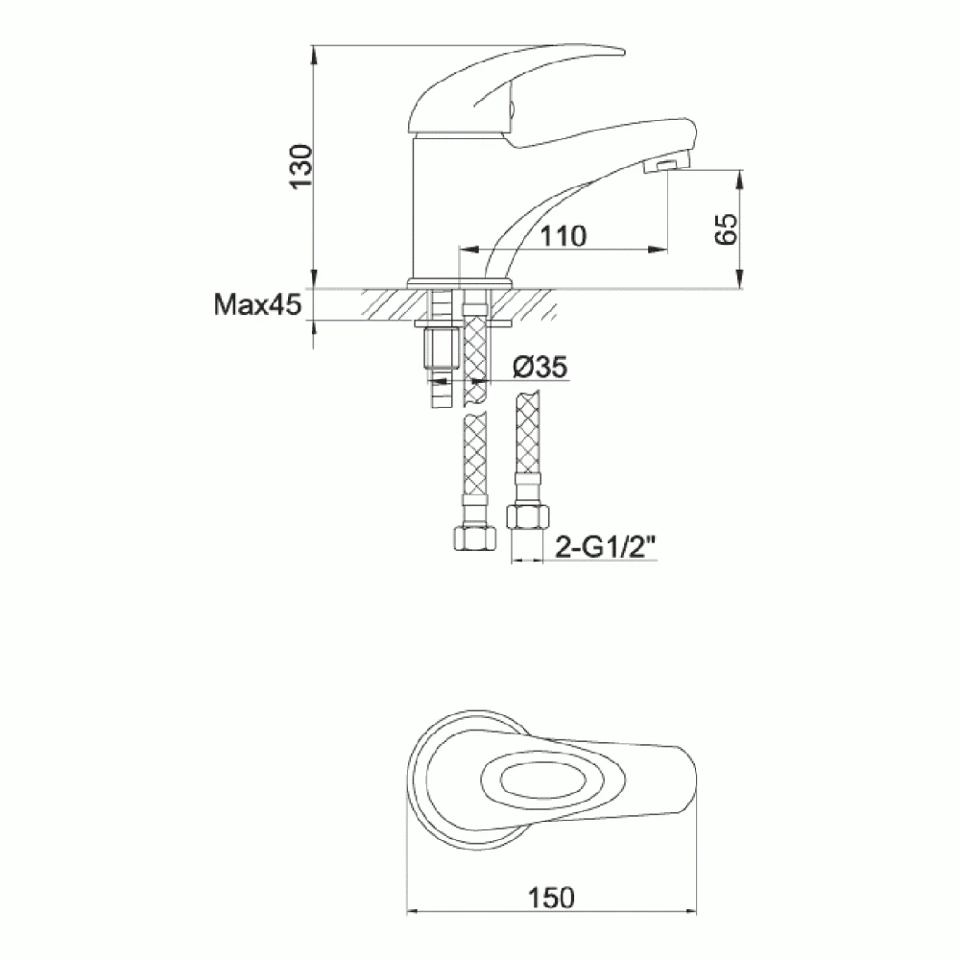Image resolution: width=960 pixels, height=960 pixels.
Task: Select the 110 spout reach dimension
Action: [562, 236]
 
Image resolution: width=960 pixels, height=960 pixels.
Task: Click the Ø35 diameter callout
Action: [539, 366]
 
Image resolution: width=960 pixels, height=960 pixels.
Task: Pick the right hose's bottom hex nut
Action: [526, 519]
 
